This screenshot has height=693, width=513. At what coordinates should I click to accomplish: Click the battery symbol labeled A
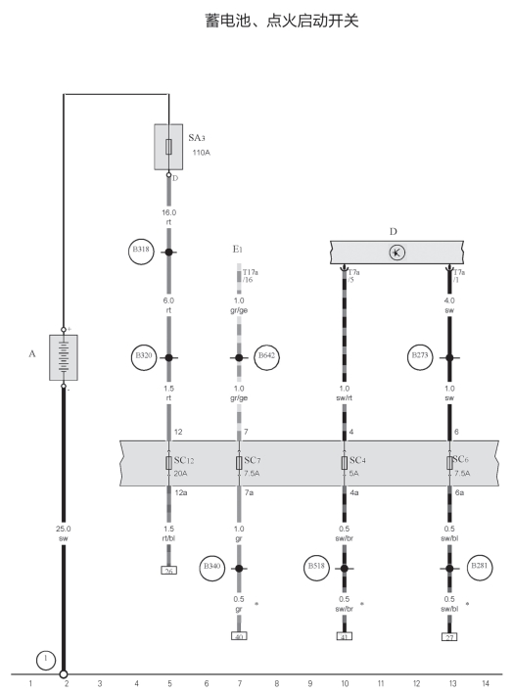click(x=64, y=357)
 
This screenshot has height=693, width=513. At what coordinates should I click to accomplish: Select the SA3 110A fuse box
click(x=168, y=147)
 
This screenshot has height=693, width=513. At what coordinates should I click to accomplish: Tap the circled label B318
click(x=141, y=251)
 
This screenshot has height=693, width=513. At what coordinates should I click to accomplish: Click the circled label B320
click(x=144, y=357)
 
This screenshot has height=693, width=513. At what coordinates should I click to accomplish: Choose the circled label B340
click(x=211, y=568)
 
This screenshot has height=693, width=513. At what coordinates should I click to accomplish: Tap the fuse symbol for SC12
click(x=168, y=463)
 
